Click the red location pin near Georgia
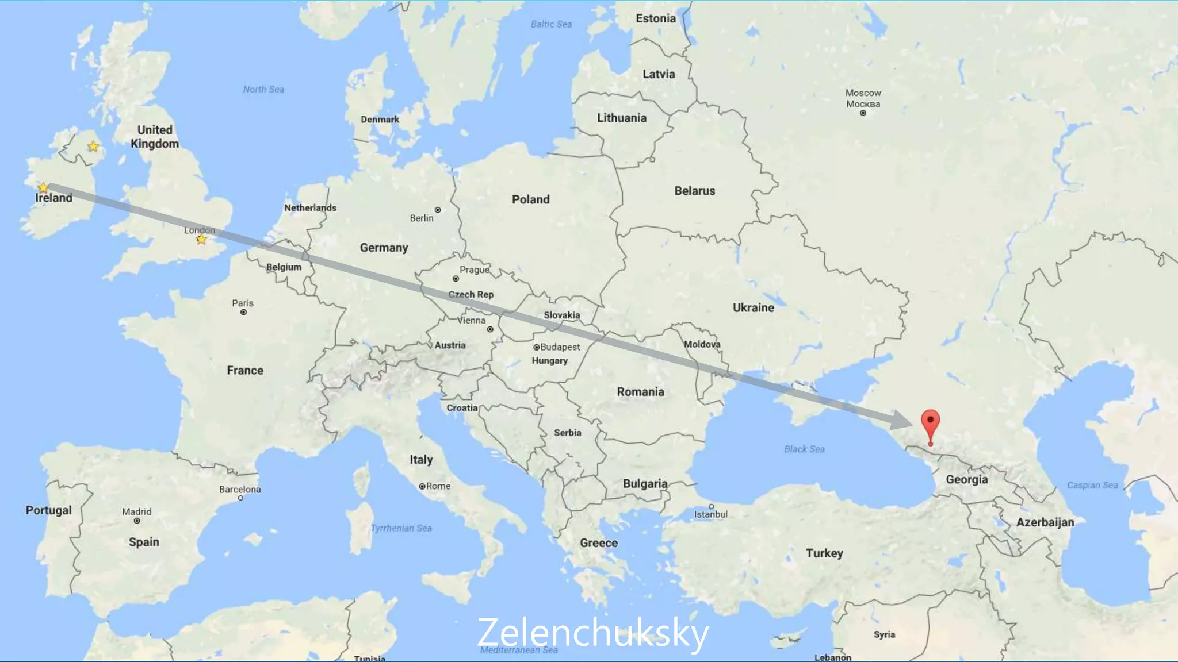point(930,424)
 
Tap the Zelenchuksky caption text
point(592,633)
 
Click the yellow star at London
point(201,239)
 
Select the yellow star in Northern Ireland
point(93,147)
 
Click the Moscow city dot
point(863,113)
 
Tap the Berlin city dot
point(438,210)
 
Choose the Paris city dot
point(243,313)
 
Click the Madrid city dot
point(137,521)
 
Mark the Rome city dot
point(422,486)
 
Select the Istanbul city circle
point(712,506)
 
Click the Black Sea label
point(804,449)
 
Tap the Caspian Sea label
point(1092,485)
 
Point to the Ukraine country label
point(753,307)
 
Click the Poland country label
point(530,199)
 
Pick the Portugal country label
point(48,510)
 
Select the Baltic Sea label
point(550,24)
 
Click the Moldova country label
point(702,344)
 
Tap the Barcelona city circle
point(240,498)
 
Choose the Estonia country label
point(655,18)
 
